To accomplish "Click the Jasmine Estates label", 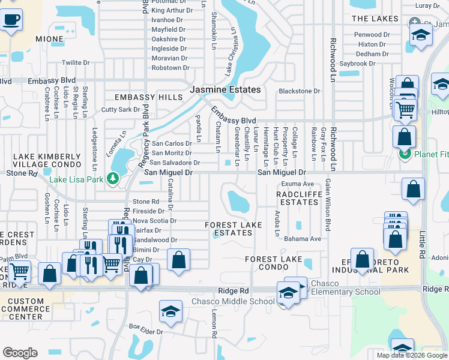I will (x=225, y=89).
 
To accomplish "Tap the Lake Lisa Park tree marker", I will (x=112, y=178).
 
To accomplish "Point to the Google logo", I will (x=20, y=353).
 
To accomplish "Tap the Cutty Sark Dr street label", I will (x=120, y=110).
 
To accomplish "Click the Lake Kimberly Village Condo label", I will (x=47, y=160).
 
